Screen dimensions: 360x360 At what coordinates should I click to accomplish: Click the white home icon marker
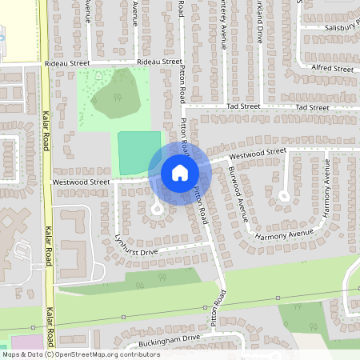click(179, 172)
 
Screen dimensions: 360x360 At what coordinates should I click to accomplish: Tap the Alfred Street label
click(332, 69)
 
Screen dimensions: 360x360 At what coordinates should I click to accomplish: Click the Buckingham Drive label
click(168, 338)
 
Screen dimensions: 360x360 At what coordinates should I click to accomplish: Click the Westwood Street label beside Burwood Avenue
click(257, 152)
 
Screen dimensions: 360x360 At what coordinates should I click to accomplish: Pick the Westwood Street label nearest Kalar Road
click(81, 182)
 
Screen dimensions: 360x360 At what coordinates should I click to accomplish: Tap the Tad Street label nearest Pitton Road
click(243, 106)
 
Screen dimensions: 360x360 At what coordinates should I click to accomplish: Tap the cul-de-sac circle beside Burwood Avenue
click(284, 196)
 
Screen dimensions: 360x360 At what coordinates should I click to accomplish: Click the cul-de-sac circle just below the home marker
click(157, 210)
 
